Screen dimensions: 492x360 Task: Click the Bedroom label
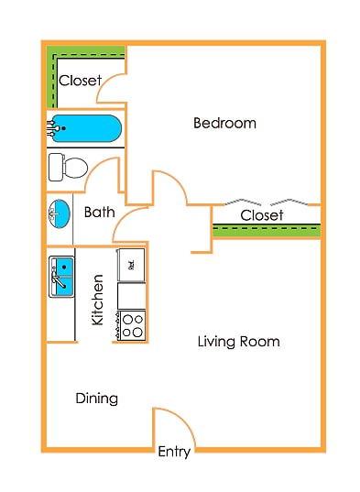tap(224, 123)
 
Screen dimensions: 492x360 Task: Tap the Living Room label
tap(238, 342)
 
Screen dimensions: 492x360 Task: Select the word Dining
tap(96, 398)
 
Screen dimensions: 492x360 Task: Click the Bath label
tap(99, 212)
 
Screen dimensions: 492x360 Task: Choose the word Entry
tap(174, 451)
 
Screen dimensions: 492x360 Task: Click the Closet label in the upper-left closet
tap(80, 81)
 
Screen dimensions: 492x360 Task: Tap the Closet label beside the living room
tap(262, 215)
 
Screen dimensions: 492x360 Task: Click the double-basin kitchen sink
tap(62, 277)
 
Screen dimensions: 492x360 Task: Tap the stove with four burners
tap(132, 324)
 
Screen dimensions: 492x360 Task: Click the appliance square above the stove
tap(132, 264)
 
